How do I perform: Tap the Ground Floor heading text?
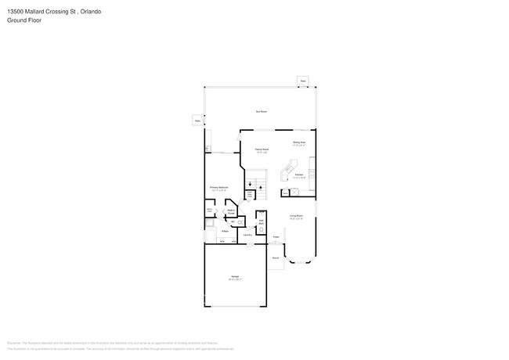tap(24, 20)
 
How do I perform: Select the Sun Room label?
tap(261, 112)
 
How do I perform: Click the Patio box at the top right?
tap(303, 81)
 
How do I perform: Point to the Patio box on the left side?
tap(197, 121)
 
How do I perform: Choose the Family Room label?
tap(262, 150)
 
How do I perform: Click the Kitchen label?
tap(298, 176)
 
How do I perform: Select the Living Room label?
tap(297, 216)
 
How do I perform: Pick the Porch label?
tap(276, 257)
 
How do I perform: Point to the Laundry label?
tap(247, 235)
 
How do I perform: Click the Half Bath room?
tap(262, 222)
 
